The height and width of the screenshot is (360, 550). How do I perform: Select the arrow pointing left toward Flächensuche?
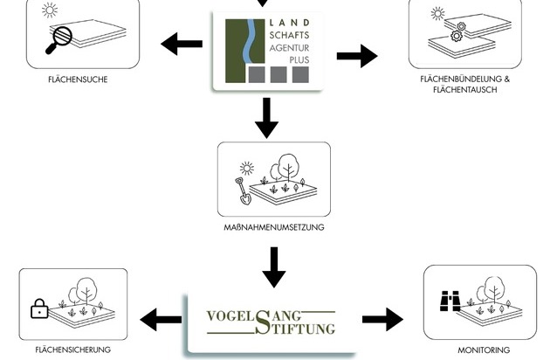182,43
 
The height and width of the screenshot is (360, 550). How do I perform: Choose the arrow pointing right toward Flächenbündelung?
356,56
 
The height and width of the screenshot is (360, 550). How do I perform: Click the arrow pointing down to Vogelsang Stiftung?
273,267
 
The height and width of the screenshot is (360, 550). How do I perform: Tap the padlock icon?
38,308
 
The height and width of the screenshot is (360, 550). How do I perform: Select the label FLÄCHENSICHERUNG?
72,350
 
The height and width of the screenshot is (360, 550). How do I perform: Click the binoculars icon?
449,300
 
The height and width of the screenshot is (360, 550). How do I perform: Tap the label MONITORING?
484,350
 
